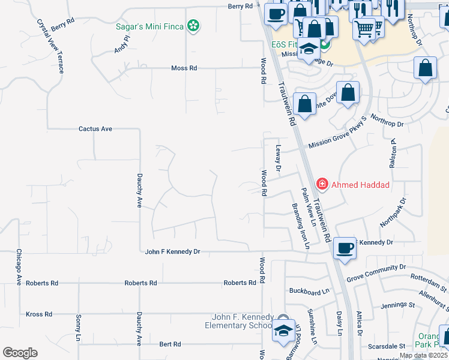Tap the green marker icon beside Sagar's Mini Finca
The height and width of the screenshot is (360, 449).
(x=193, y=26)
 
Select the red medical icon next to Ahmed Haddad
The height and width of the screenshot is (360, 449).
(x=322, y=184)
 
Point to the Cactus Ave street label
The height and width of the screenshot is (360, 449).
(x=95, y=129)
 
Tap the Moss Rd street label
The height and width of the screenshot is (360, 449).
(x=184, y=68)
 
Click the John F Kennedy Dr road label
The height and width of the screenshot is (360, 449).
(x=172, y=252)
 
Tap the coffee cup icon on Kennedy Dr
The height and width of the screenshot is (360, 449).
(x=345, y=247)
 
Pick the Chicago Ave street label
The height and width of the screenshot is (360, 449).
(x=19, y=267)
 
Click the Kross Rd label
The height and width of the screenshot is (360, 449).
(x=39, y=314)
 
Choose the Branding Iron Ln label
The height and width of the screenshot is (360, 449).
(x=300, y=226)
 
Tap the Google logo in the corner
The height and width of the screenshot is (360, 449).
(x=20, y=353)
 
